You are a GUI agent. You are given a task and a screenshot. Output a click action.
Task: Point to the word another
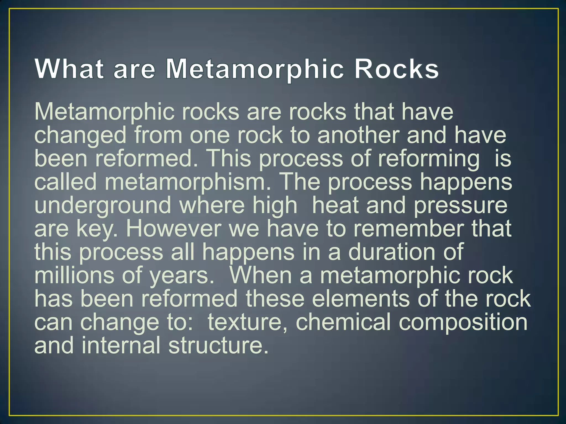click(358, 135)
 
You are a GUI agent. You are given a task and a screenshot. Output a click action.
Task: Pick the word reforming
click(429, 160)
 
